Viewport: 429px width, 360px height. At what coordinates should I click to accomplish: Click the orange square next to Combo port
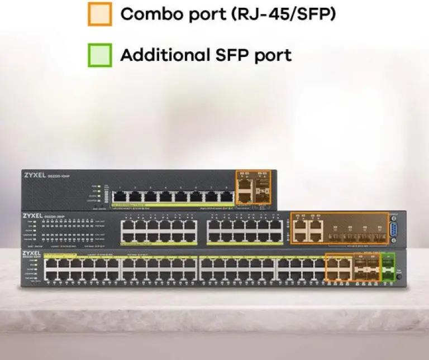tap(100, 14)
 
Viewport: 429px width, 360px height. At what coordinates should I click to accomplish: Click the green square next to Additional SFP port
tap(100, 55)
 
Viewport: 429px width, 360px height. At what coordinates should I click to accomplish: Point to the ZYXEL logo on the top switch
tap(36, 175)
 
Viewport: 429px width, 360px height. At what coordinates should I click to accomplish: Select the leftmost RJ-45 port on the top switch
tap(119, 196)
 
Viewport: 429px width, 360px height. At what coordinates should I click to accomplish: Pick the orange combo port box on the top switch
tap(253, 187)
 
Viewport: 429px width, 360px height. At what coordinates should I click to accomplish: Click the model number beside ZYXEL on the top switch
tap(59, 175)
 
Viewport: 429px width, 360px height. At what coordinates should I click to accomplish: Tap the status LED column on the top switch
tap(99, 193)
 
